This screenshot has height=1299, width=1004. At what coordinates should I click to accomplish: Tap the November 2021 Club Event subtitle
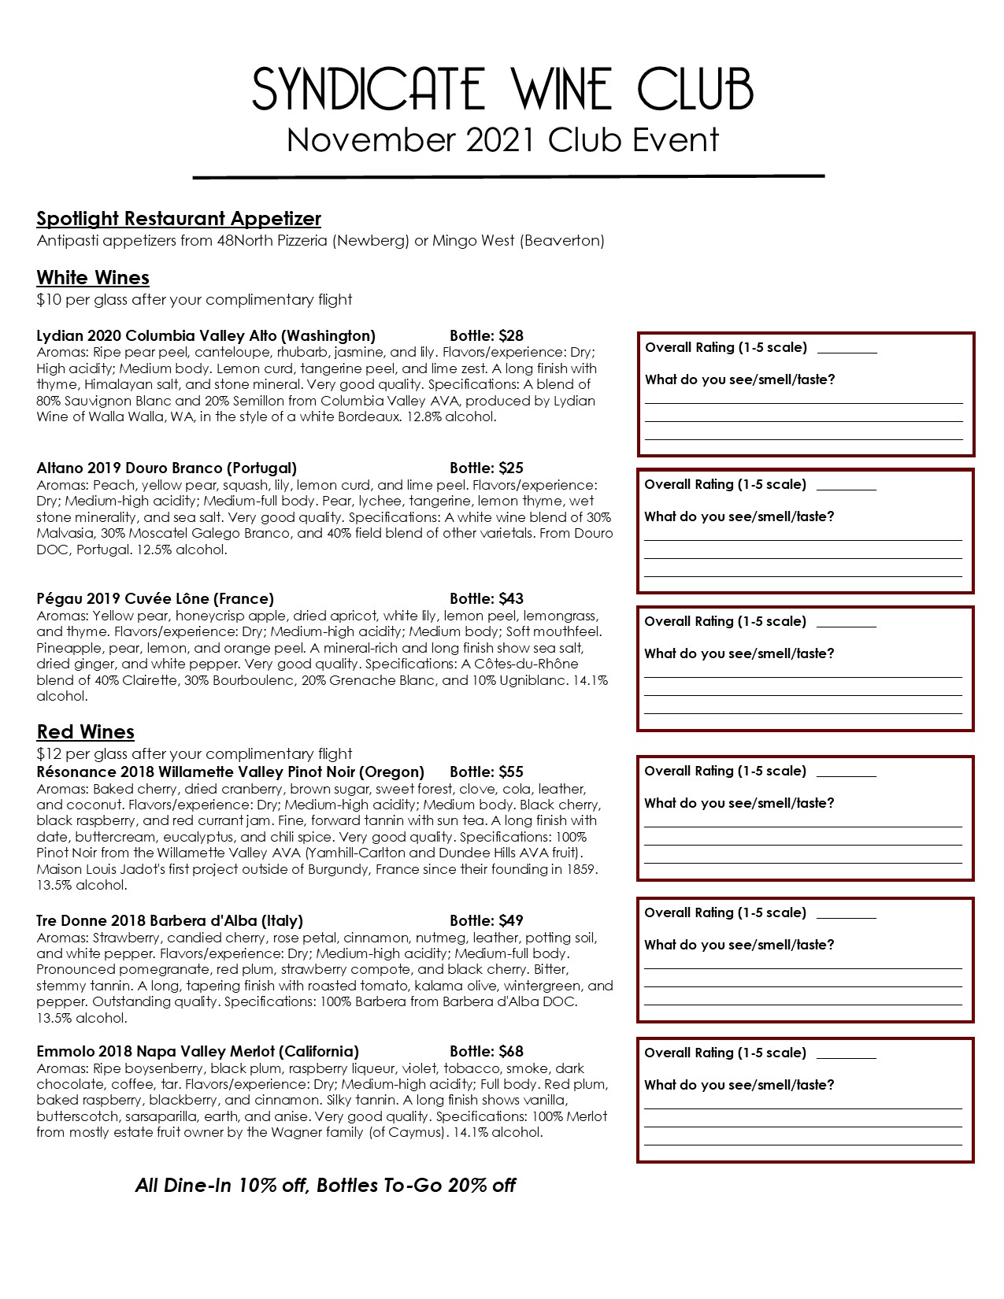pyautogui.click(x=502, y=140)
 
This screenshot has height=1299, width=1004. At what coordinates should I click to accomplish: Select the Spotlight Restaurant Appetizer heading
pyautogui.click(x=179, y=219)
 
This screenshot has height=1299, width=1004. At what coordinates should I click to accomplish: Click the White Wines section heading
pyautogui.click(x=93, y=278)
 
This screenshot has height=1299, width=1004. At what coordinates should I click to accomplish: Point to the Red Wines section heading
pyautogui.click(x=86, y=732)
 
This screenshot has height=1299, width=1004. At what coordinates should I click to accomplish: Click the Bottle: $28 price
pyautogui.click(x=487, y=336)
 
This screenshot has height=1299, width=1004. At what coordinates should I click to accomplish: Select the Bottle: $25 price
pyautogui.click(x=487, y=468)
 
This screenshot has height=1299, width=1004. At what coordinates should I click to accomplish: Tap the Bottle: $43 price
pyautogui.click(x=487, y=599)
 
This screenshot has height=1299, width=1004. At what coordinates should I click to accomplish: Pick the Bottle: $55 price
pyautogui.click(x=487, y=772)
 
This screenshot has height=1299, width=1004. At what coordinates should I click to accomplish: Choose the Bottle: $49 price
pyautogui.click(x=487, y=921)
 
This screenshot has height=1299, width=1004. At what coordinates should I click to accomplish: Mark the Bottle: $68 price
pyautogui.click(x=487, y=1052)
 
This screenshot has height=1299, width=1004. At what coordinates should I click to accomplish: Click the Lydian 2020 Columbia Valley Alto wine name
pyautogui.click(x=206, y=336)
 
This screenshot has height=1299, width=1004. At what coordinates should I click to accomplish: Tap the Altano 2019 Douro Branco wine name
pyautogui.click(x=167, y=468)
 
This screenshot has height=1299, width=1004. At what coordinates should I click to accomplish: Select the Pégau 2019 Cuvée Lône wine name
pyautogui.click(x=155, y=599)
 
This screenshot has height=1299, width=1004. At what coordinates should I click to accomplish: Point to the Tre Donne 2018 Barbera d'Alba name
pyautogui.click(x=170, y=921)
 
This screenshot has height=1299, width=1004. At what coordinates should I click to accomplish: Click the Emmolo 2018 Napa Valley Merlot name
pyautogui.click(x=198, y=1052)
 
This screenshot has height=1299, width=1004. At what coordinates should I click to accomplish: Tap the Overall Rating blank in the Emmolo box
pyautogui.click(x=847, y=1054)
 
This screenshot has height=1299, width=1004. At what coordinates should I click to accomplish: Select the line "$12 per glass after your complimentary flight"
pyautogui.click(x=195, y=754)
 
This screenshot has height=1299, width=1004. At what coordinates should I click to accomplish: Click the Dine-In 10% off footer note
pyautogui.click(x=325, y=1186)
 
